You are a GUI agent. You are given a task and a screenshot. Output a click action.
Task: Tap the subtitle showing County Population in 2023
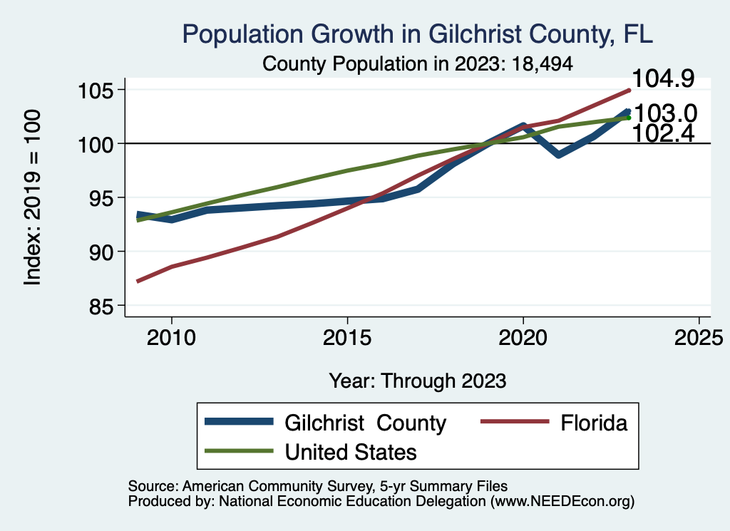point(418,63)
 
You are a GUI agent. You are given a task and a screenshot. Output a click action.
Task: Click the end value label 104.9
point(663,79)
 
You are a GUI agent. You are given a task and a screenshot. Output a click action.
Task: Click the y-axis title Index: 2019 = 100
point(33,197)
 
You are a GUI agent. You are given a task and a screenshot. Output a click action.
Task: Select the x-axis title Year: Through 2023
point(418,381)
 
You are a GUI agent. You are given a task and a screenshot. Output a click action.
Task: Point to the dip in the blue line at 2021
point(558,154)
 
